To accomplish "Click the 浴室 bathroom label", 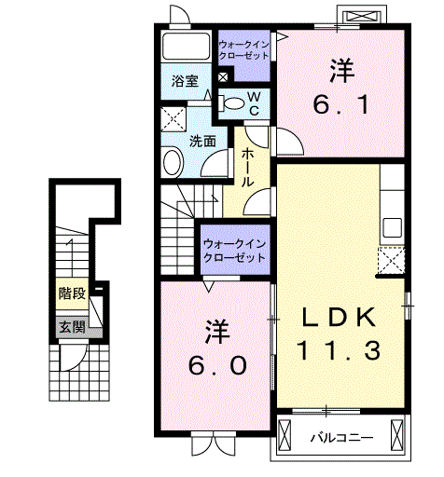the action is tap(185, 81).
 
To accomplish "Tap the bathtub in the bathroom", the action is tap(187, 46).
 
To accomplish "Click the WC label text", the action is tap(254, 103).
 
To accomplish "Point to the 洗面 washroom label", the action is tap(202, 142).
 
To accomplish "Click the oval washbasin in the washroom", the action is tap(172, 162).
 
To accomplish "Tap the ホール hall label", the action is tap(248, 168).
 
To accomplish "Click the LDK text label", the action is tap(339, 318).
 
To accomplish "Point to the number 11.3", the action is tap(339, 350).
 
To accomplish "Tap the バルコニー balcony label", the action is tap(342, 438).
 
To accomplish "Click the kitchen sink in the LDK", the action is tap(392, 227).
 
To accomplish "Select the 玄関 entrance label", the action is tap(73, 327).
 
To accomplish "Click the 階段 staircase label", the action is tap(73, 293).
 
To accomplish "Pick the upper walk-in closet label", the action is tap(243, 50).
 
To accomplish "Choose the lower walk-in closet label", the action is tap(235, 251).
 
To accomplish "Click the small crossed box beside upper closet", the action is tap(223, 77).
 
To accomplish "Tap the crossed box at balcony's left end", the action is tap(285, 435).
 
